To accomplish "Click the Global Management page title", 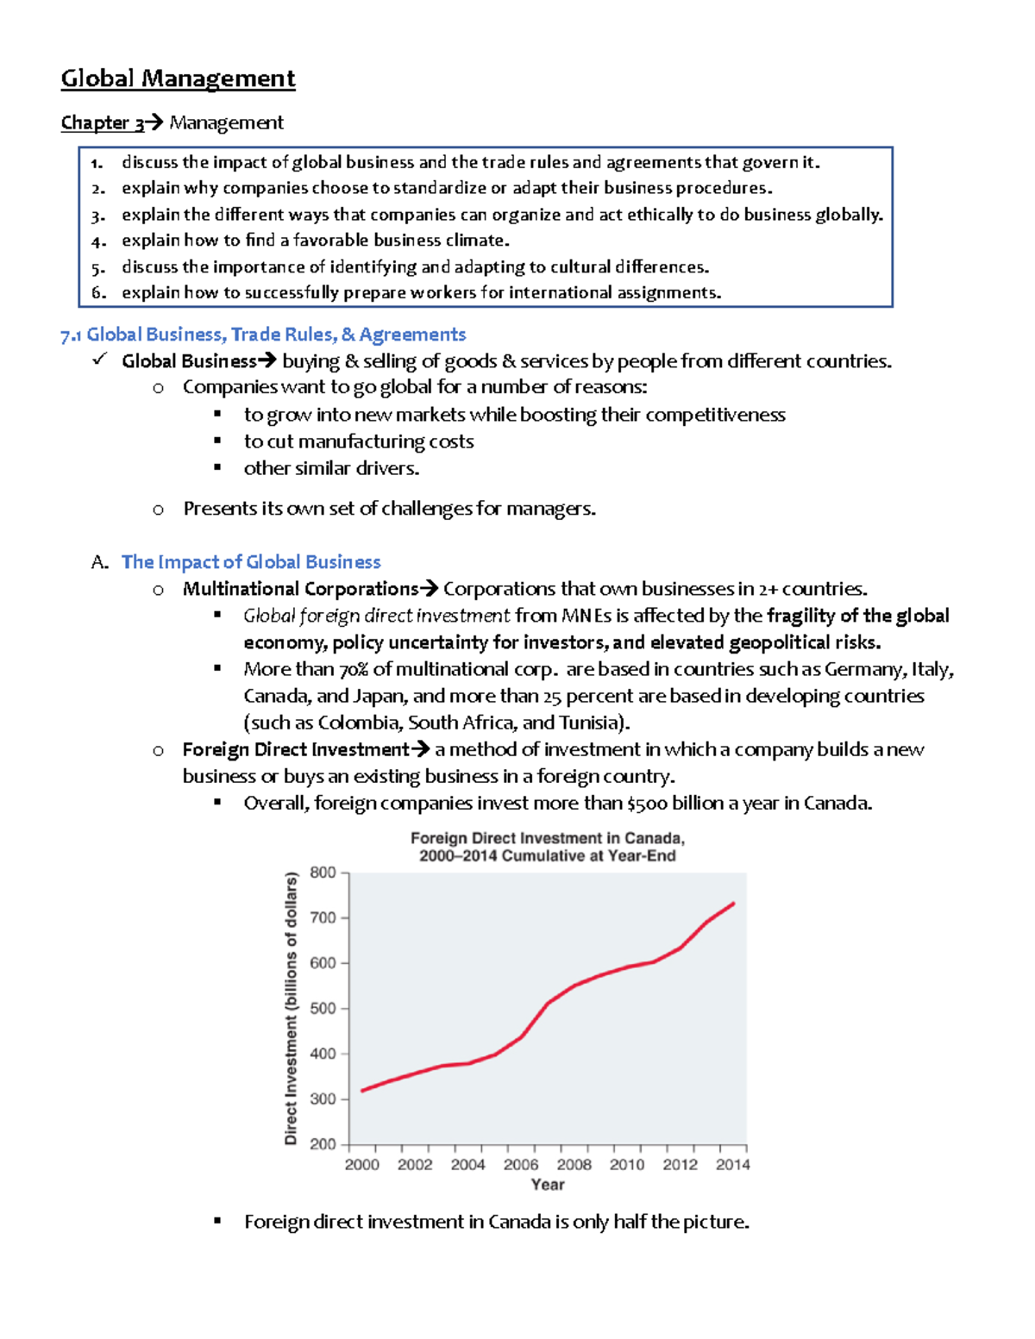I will point(178,78).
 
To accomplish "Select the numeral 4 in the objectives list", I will point(97,241).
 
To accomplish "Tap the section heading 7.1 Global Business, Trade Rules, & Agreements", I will point(263,335).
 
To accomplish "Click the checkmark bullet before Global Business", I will point(99,360).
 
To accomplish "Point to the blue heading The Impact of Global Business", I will point(251,562).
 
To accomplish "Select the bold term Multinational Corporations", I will point(300,589).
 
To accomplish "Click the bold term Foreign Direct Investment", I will point(296,750).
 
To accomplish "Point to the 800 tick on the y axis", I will point(323,873).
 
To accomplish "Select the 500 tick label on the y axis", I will point(323,1009).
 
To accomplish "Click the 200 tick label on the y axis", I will point(323,1144).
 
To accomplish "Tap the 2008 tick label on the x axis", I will point(574,1165).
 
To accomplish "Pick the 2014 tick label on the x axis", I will point(732,1165).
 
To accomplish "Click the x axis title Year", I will point(548,1185).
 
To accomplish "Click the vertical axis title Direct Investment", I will point(291,1009).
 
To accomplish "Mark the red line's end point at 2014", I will point(733,903).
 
